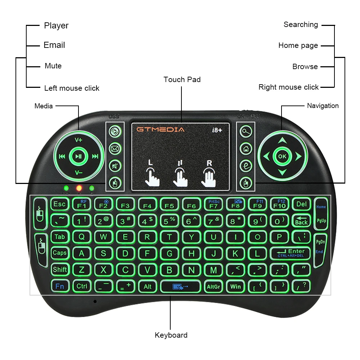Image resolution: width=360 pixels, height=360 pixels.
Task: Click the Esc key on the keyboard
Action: [59, 204]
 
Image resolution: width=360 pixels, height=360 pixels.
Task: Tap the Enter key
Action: [291, 253]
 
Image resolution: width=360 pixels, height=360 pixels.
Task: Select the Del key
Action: [301, 204]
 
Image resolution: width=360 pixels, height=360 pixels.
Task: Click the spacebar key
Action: [180, 287]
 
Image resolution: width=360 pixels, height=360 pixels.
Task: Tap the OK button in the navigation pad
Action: [282, 156]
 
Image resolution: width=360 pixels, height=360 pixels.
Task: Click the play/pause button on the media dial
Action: [78, 156]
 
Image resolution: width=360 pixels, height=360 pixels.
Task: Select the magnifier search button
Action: [246, 131]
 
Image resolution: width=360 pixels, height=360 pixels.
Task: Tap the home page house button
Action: [246, 148]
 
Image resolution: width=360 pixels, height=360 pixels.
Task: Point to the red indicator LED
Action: [79, 188]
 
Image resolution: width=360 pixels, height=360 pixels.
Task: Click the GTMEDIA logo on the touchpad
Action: [160, 129]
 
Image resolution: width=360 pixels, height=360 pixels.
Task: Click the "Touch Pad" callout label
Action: [182, 80]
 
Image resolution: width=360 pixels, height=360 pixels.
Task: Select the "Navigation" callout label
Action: [323, 106]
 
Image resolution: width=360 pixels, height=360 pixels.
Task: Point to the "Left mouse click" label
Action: [72, 88]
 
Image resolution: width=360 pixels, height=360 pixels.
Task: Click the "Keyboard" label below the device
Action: [171, 335]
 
